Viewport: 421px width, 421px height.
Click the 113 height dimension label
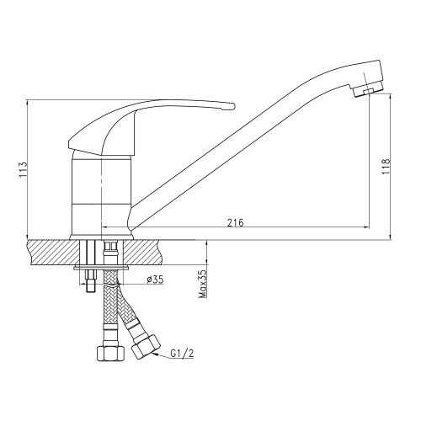[x=23, y=169]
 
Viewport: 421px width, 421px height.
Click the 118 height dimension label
[x=386, y=167]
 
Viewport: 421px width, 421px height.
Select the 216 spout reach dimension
[x=236, y=223]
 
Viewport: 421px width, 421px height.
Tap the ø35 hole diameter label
[x=155, y=280]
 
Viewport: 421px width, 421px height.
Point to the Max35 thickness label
[x=202, y=284]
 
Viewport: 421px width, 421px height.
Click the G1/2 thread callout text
[x=182, y=354]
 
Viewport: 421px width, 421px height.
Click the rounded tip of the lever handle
[x=232, y=106]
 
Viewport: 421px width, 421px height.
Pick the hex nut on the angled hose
[x=146, y=347]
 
